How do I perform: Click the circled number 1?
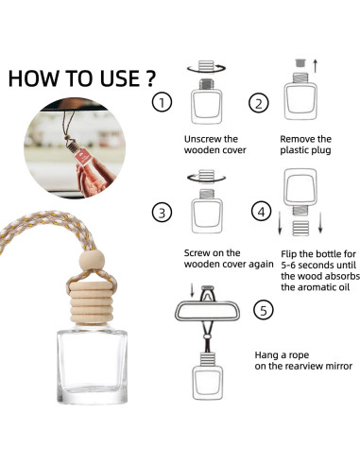163,102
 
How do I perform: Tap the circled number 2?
259,103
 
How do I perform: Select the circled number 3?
163,213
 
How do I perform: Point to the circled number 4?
262,212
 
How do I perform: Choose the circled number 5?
264,310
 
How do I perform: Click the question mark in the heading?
151,78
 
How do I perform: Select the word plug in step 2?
321,150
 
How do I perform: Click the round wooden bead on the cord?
92,260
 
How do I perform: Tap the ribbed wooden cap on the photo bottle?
91,302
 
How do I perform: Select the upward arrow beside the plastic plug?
316,65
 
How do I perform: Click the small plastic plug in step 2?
300,62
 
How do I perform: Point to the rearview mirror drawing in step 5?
207,311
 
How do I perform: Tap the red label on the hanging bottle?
84,157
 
